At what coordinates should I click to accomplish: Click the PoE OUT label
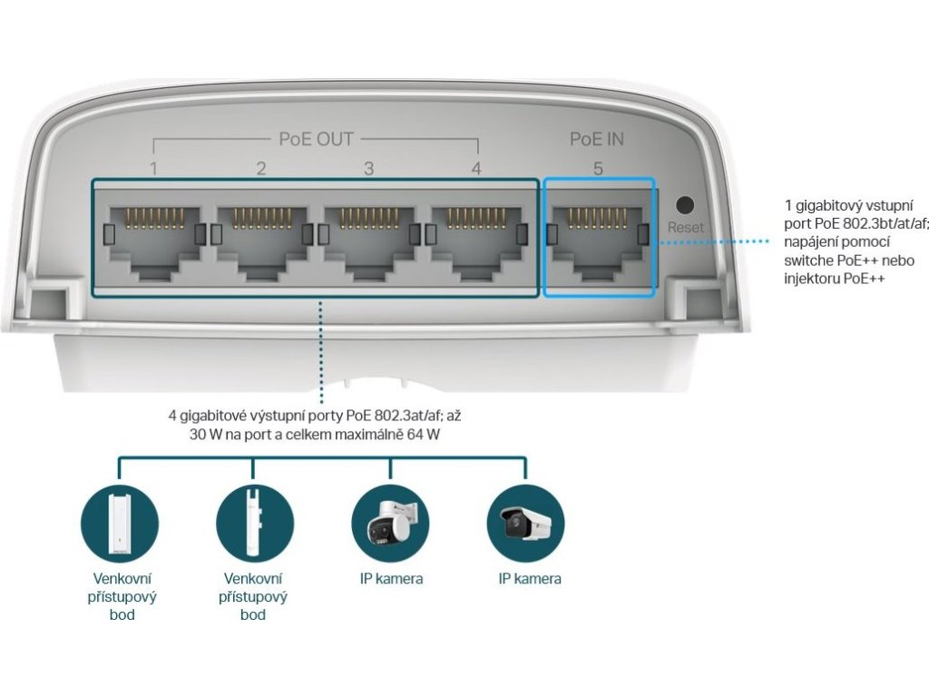(x=316, y=140)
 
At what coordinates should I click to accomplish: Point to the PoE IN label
(x=597, y=140)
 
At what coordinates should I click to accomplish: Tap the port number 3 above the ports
(x=368, y=169)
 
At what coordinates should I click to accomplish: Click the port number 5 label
(x=597, y=169)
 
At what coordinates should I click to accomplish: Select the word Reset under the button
(x=686, y=227)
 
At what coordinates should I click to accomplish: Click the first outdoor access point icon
(x=120, y=525)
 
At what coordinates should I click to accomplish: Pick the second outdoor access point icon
(x=254, y=525)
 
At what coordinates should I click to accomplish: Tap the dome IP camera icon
(x=389, y=525)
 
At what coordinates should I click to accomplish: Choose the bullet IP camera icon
(x=525, y=525)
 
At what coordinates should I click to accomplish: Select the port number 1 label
(x=154, y=169)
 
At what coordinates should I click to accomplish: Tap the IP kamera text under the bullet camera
(x=530, y=579)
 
